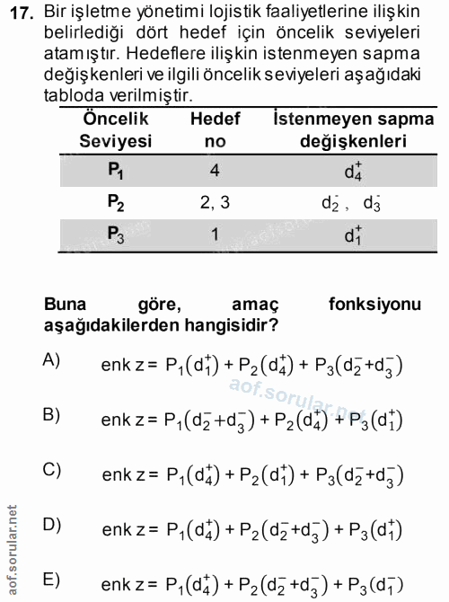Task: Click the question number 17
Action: [21, 13]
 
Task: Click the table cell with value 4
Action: [215, 169]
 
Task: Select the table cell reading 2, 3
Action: [215, 202]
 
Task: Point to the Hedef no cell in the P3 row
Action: [215, 235]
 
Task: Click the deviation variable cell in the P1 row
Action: [354, 169]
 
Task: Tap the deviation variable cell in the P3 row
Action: [354, 235]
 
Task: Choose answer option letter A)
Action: [51, 360]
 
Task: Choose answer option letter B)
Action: [51, 414]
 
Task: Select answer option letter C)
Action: [51, 468]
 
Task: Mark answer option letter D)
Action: [51, 523]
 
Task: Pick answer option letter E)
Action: [51, 579]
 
